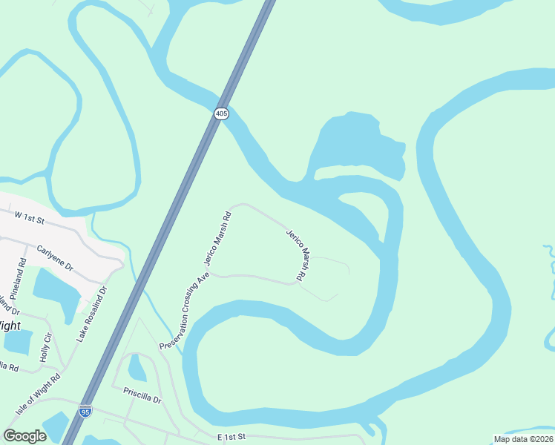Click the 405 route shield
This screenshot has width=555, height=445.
point(222,113)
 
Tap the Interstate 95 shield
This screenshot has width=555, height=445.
point(85,411)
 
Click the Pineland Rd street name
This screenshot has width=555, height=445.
point(23,271)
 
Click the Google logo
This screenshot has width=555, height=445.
point(24,436)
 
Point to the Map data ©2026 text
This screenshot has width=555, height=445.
point(524,439)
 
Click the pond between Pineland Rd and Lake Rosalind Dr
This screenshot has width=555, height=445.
point(56,290)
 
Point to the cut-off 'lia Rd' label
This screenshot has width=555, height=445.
point(8,366)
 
